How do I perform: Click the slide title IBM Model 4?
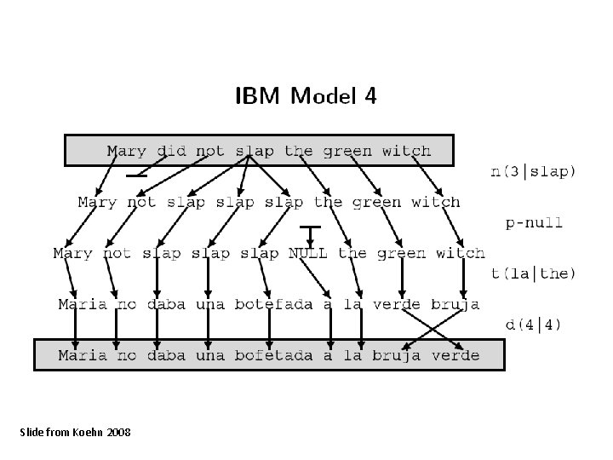(306, 96)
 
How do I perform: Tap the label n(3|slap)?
(534, 171)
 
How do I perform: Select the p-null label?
(534, 223)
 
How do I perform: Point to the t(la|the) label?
(534, 274)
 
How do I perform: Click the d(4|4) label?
(534, 325)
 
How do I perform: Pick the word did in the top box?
(172, 152)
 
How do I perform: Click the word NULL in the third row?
(308, 253)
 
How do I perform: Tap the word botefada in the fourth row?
(270, 304)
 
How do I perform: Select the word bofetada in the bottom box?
(270, 355)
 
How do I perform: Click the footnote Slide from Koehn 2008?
(75, 433)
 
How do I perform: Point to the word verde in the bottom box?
(455, 355)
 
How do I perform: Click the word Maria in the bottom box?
(83, 355)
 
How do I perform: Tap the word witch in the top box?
(406, 152)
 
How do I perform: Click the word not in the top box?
(210, 152)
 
